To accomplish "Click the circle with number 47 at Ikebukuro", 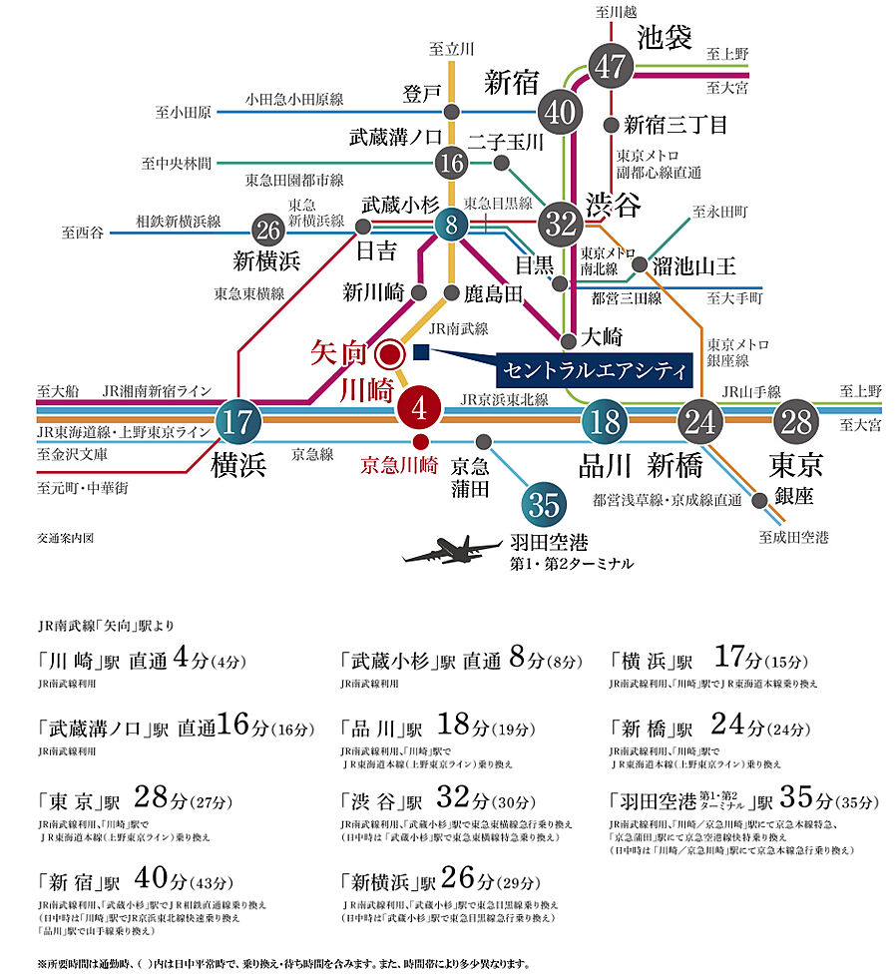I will click(x=612, y=67).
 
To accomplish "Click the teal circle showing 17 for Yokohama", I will click(x=237, y=421).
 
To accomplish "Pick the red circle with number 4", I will click(x=420, y=408).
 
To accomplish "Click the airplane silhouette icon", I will click(x=450, y=551).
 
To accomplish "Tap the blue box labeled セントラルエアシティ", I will click(x=595, y=370).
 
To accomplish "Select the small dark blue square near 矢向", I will click(x=420, y=352).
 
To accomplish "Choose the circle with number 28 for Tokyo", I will click(x=798, y=421).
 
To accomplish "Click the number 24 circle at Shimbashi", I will click(x=702, y=421).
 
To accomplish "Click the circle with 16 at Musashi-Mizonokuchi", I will click(x=451, y=160).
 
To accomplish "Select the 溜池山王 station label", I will click(x=694, y=265).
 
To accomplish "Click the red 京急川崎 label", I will click(x=399, y=464).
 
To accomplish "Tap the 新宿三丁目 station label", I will click(x=675, y=125).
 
